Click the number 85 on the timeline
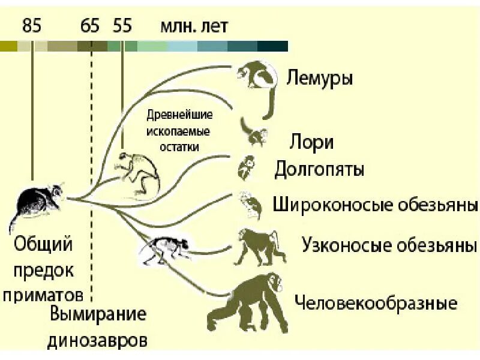pyautogui.click(x=32, y=26)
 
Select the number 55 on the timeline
pyautogui.click(x=122, y=26)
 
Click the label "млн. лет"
pyautogui.click(x=194, y=26)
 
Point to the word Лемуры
pyautogui.click(x=319, y=78)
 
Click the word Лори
pyautogui.click(x=311, y=143)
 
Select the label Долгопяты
pyautogui.click(x=319, y=170)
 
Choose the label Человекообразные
pyautogui.click(x=376, y=302)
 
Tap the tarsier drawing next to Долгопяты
pyautogui.click(x=246, y=167)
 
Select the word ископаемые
pyautogui.click(x=178, y=131)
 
